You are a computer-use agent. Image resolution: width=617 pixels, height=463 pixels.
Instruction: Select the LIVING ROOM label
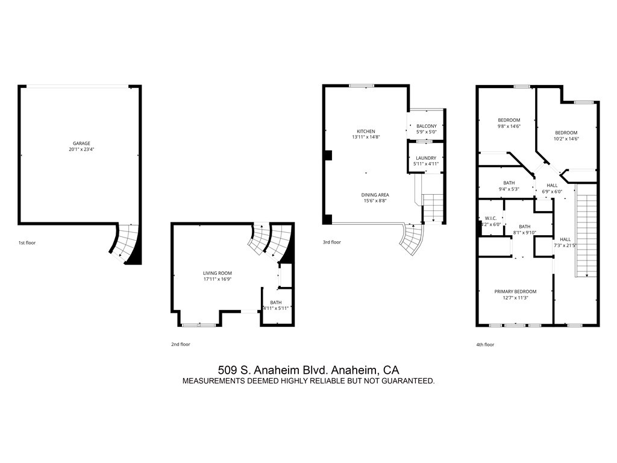pos(218,273)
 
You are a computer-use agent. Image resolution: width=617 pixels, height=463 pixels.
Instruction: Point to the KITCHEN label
pos(366,131)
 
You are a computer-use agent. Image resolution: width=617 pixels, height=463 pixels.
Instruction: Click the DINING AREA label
pos(375,195)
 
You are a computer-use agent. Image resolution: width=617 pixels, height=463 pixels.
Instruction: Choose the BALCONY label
pos(427,126)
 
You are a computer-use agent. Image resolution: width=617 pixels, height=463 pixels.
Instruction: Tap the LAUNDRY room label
pos(425,158)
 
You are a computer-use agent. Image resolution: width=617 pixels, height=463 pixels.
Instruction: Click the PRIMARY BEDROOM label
pos(515,291)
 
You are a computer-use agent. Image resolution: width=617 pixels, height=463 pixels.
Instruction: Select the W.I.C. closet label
pos(490,218)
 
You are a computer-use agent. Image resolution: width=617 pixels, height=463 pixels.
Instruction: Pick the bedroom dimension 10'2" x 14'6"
pos(566,138)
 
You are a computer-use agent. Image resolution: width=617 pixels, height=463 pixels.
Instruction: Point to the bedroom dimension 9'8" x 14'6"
pos(509,126)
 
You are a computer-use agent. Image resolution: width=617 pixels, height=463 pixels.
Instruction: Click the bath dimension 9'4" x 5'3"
pos(509,189)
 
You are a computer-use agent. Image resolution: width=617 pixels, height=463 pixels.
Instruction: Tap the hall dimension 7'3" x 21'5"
pos(565,245)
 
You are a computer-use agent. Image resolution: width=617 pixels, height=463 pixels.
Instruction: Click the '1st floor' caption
pos(27,242)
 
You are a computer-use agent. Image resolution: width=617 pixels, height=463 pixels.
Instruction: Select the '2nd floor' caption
pos(180,344)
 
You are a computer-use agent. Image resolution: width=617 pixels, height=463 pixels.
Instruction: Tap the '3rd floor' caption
pos(331,242)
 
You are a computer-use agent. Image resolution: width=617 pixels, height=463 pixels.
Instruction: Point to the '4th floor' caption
pos(485,344)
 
